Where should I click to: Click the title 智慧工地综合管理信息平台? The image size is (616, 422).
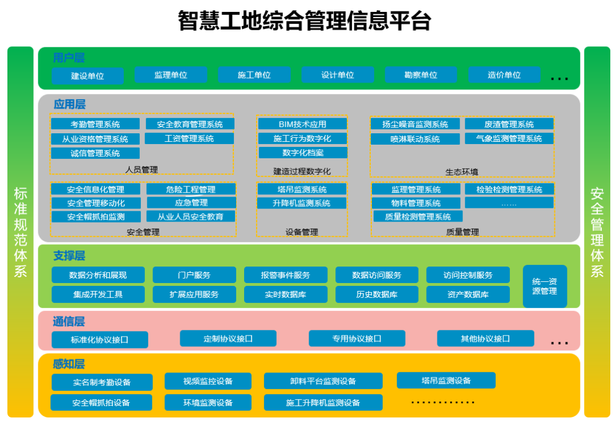[x=304, y=21]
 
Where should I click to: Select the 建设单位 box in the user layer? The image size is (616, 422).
[x=87, y=76]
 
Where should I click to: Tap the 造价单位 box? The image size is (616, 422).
[x=504, y=75]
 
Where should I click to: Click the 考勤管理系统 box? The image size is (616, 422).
[x=95, y=124]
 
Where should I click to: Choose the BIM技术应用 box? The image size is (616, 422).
[x=302, y=124]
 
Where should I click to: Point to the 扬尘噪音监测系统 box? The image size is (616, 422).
[x=415, y=124]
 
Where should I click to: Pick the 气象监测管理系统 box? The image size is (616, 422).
[x=509, y=138]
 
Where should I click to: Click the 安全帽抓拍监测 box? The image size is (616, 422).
[x=95, y=216]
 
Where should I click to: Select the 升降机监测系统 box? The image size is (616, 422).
[x=302, y=203]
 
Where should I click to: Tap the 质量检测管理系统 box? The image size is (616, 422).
[x=418, y=216]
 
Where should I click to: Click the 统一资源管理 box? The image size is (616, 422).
[x=545, y=286]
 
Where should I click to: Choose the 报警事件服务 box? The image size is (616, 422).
[x=286, y=275]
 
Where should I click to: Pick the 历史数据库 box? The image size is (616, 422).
[x=376, y=294]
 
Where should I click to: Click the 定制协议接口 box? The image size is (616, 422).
[x=228, y=339]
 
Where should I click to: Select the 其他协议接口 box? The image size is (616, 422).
[x=485, y=339]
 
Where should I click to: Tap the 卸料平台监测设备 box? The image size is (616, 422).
[x=323, y=381]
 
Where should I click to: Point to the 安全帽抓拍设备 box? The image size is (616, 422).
[x=101, y=403]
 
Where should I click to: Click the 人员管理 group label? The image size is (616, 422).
[x=141, y=169]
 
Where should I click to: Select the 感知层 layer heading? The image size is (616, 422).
[x=68, y=364]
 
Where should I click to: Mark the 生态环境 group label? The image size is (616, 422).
[x=462, y=171]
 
